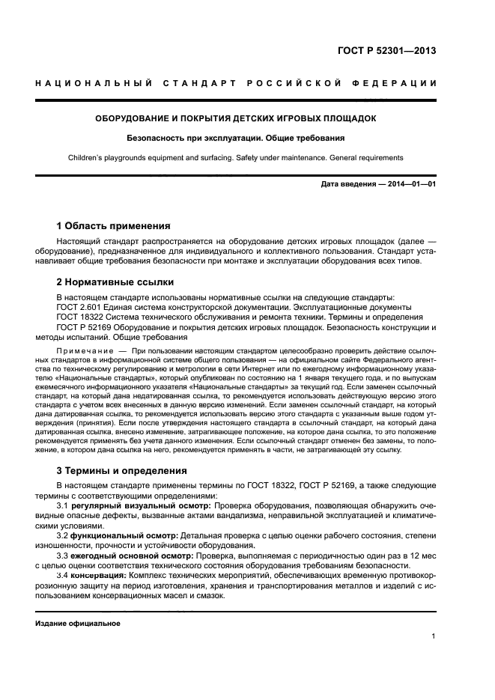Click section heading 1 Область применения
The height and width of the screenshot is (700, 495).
(114, 225)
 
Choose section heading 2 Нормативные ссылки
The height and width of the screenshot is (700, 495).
(115, 282)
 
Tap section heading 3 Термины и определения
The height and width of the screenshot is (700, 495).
(122, 472)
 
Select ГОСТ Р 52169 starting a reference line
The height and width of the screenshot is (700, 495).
(81, 327)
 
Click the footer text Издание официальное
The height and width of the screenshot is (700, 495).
(78, 623)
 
